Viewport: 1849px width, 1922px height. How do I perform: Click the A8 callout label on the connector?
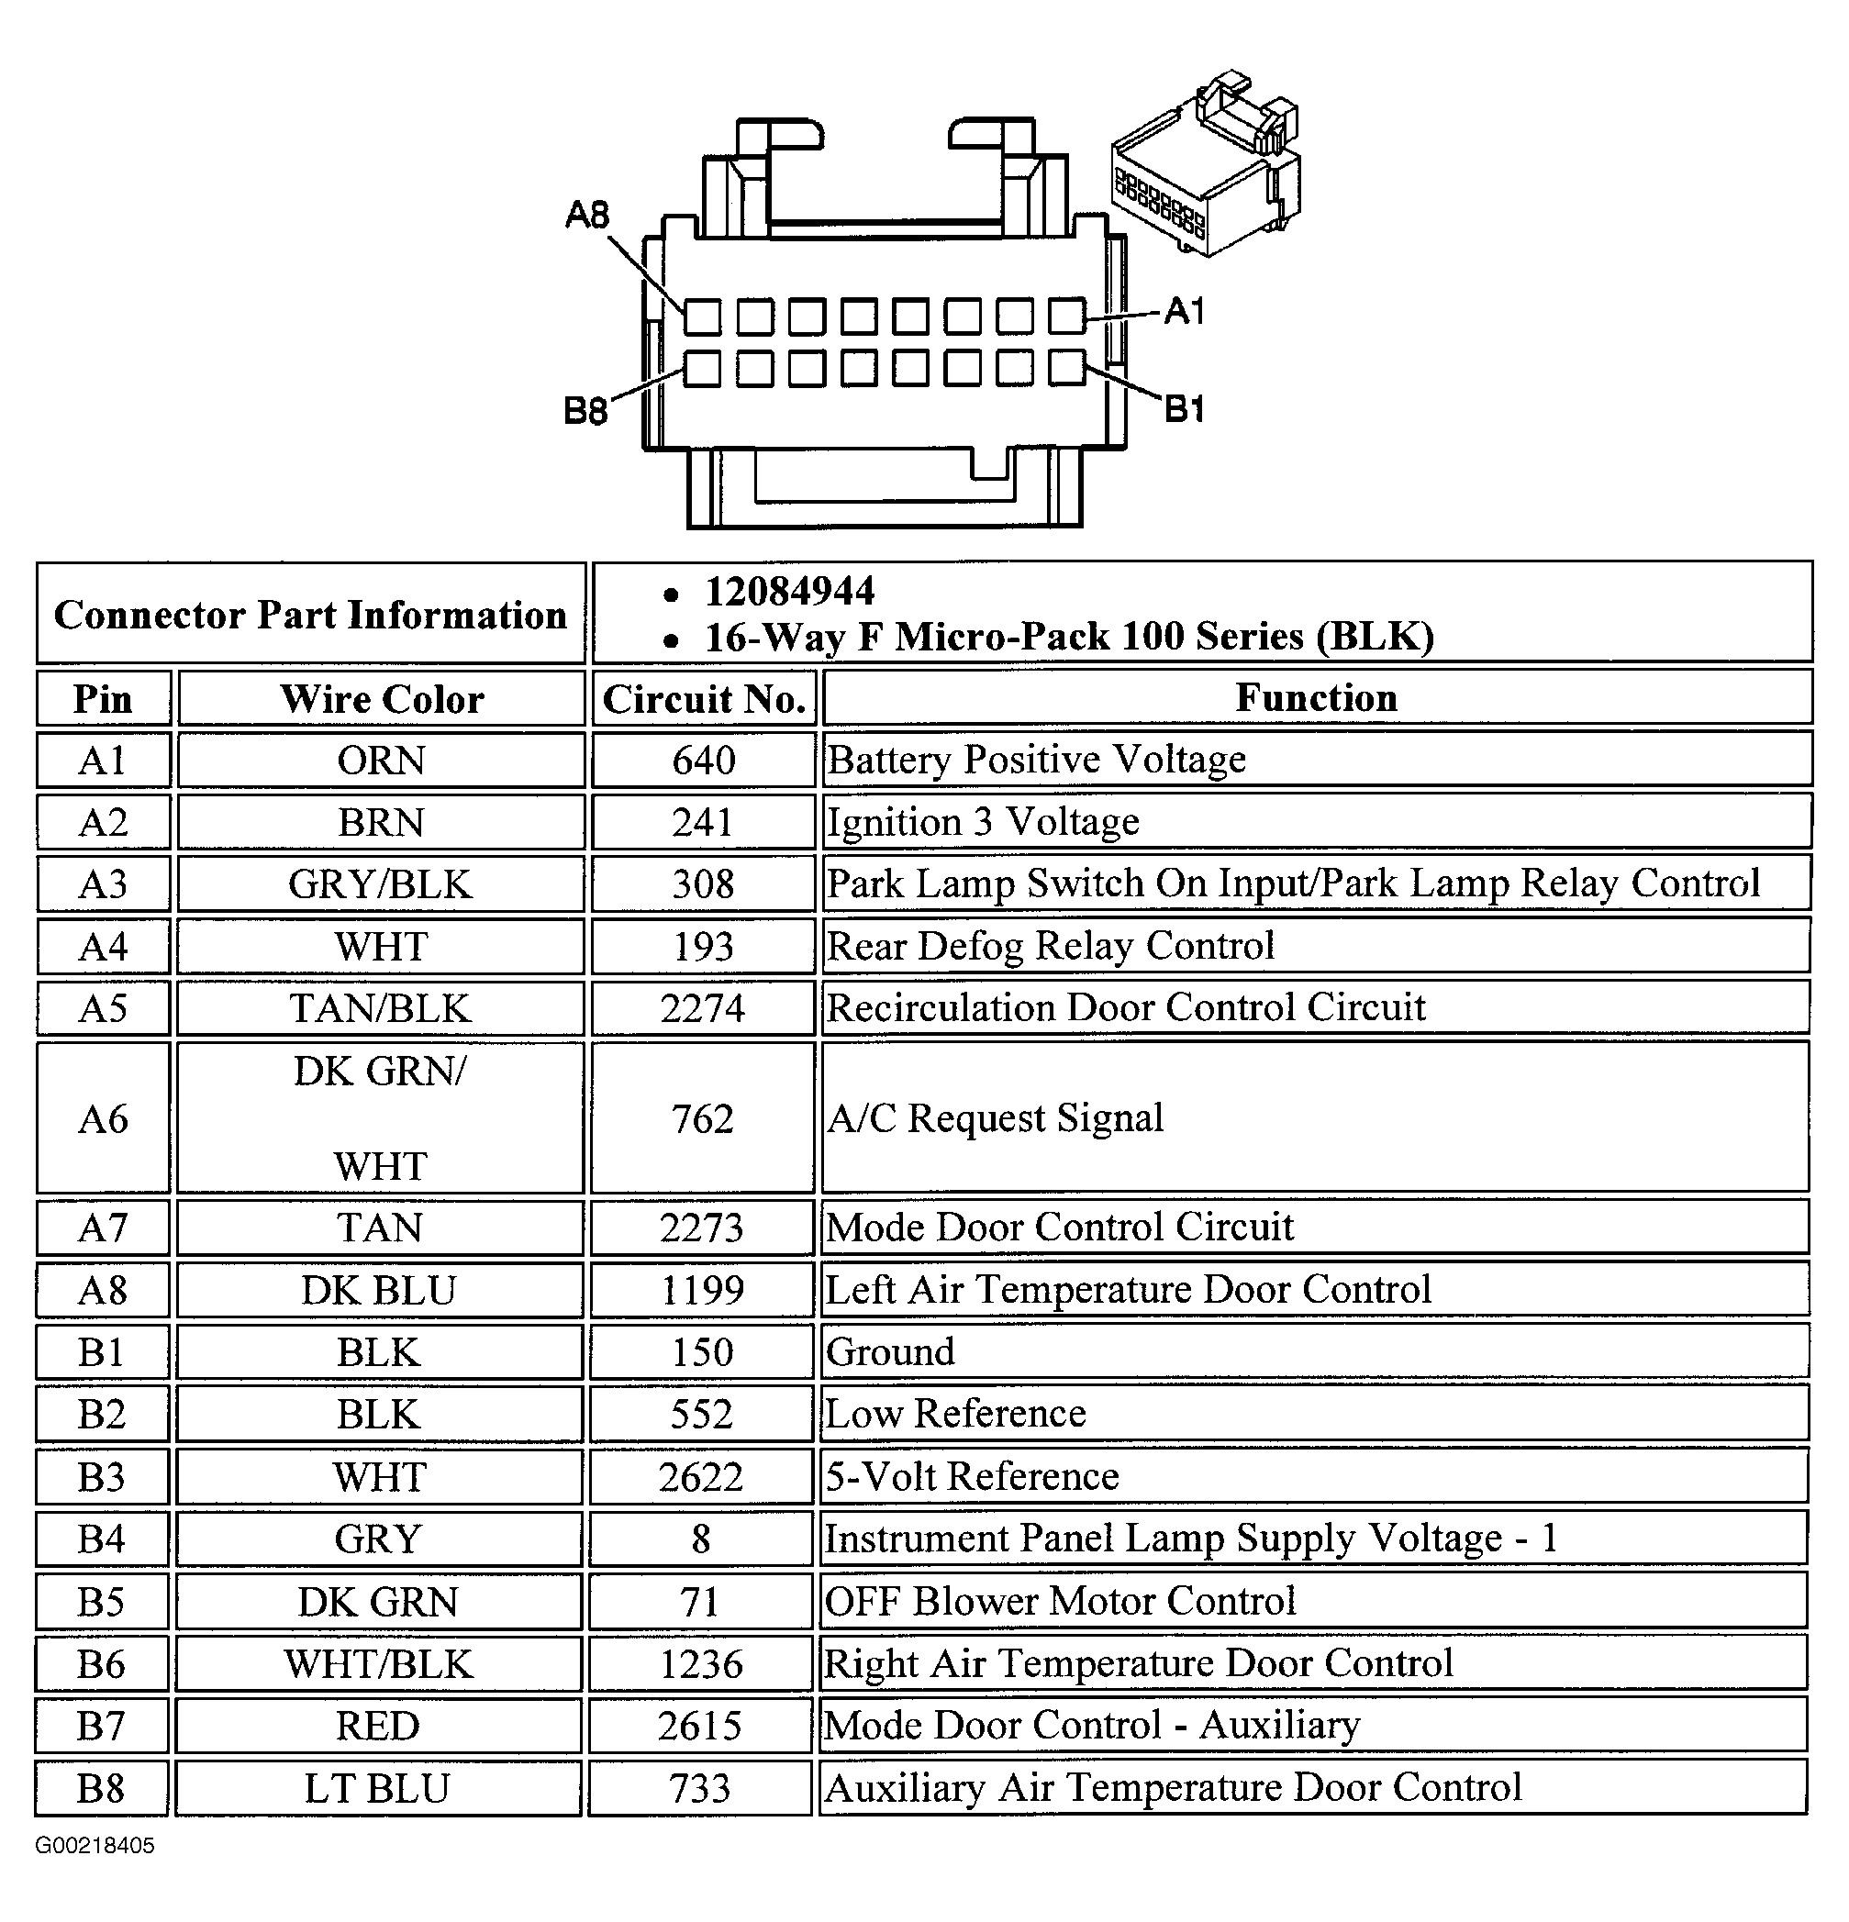586,214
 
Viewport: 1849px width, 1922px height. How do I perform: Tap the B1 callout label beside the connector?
1184,408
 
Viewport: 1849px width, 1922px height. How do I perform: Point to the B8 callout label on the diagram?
585,410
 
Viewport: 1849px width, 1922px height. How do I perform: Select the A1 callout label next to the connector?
1184,312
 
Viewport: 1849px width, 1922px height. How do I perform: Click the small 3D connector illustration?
1208,165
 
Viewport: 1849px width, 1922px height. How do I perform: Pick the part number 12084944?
790,592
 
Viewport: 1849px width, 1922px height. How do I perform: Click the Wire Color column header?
382,699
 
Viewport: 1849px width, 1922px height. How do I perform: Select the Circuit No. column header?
703,699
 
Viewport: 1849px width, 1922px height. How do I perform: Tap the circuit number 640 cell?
703,760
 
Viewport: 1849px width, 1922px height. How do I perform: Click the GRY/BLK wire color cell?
381,884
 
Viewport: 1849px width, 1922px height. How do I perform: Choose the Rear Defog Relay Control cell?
1051,946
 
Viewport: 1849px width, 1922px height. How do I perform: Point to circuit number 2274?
702,1008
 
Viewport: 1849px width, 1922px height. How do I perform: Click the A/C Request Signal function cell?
996,1118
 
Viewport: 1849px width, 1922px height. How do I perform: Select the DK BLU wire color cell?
379,1291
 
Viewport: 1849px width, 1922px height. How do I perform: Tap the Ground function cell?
891,1352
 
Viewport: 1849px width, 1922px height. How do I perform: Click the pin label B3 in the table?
102,1477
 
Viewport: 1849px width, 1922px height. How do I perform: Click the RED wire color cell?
378,1726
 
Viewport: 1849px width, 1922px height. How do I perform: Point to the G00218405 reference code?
95,1846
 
